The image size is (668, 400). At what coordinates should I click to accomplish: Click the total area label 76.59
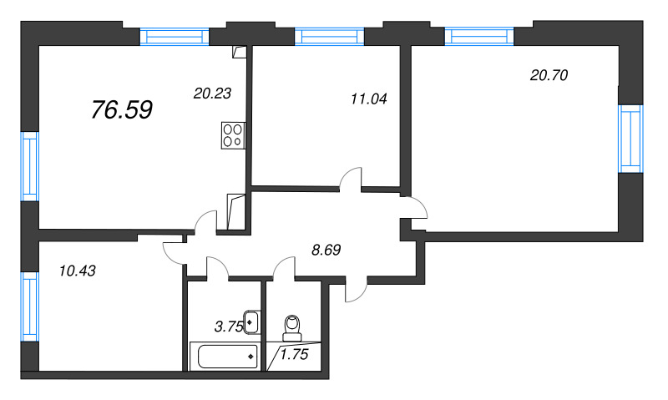click(122, 109)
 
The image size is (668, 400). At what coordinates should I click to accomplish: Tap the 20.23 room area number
click(212, 94)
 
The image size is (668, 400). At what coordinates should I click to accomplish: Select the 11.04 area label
click(369, 99)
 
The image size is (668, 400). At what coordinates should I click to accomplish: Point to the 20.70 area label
click(549, 75)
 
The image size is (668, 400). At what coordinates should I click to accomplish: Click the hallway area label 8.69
click(326, 250)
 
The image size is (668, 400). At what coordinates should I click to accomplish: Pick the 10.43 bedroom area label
click(78, 271)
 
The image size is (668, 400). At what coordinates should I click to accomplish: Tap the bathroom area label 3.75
click(228, 327)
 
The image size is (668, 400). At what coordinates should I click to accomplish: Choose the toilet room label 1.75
click(294, 354)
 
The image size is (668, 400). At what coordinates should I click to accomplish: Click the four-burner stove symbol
click(233, 135)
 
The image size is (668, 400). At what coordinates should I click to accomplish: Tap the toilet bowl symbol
click(292, 327)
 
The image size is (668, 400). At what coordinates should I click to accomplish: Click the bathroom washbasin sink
click(251, 322)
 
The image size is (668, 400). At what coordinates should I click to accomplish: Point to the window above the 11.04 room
click(329, 37)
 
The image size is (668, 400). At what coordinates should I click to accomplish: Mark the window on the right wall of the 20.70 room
click(630, 139)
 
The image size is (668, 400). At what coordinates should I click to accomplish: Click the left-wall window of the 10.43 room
click(30, 306)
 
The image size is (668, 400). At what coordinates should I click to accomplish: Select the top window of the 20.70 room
click(479, 36)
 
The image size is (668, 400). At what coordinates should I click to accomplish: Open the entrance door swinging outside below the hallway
click(356, 290)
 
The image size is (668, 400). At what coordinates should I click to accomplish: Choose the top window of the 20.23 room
click(175, 37)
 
